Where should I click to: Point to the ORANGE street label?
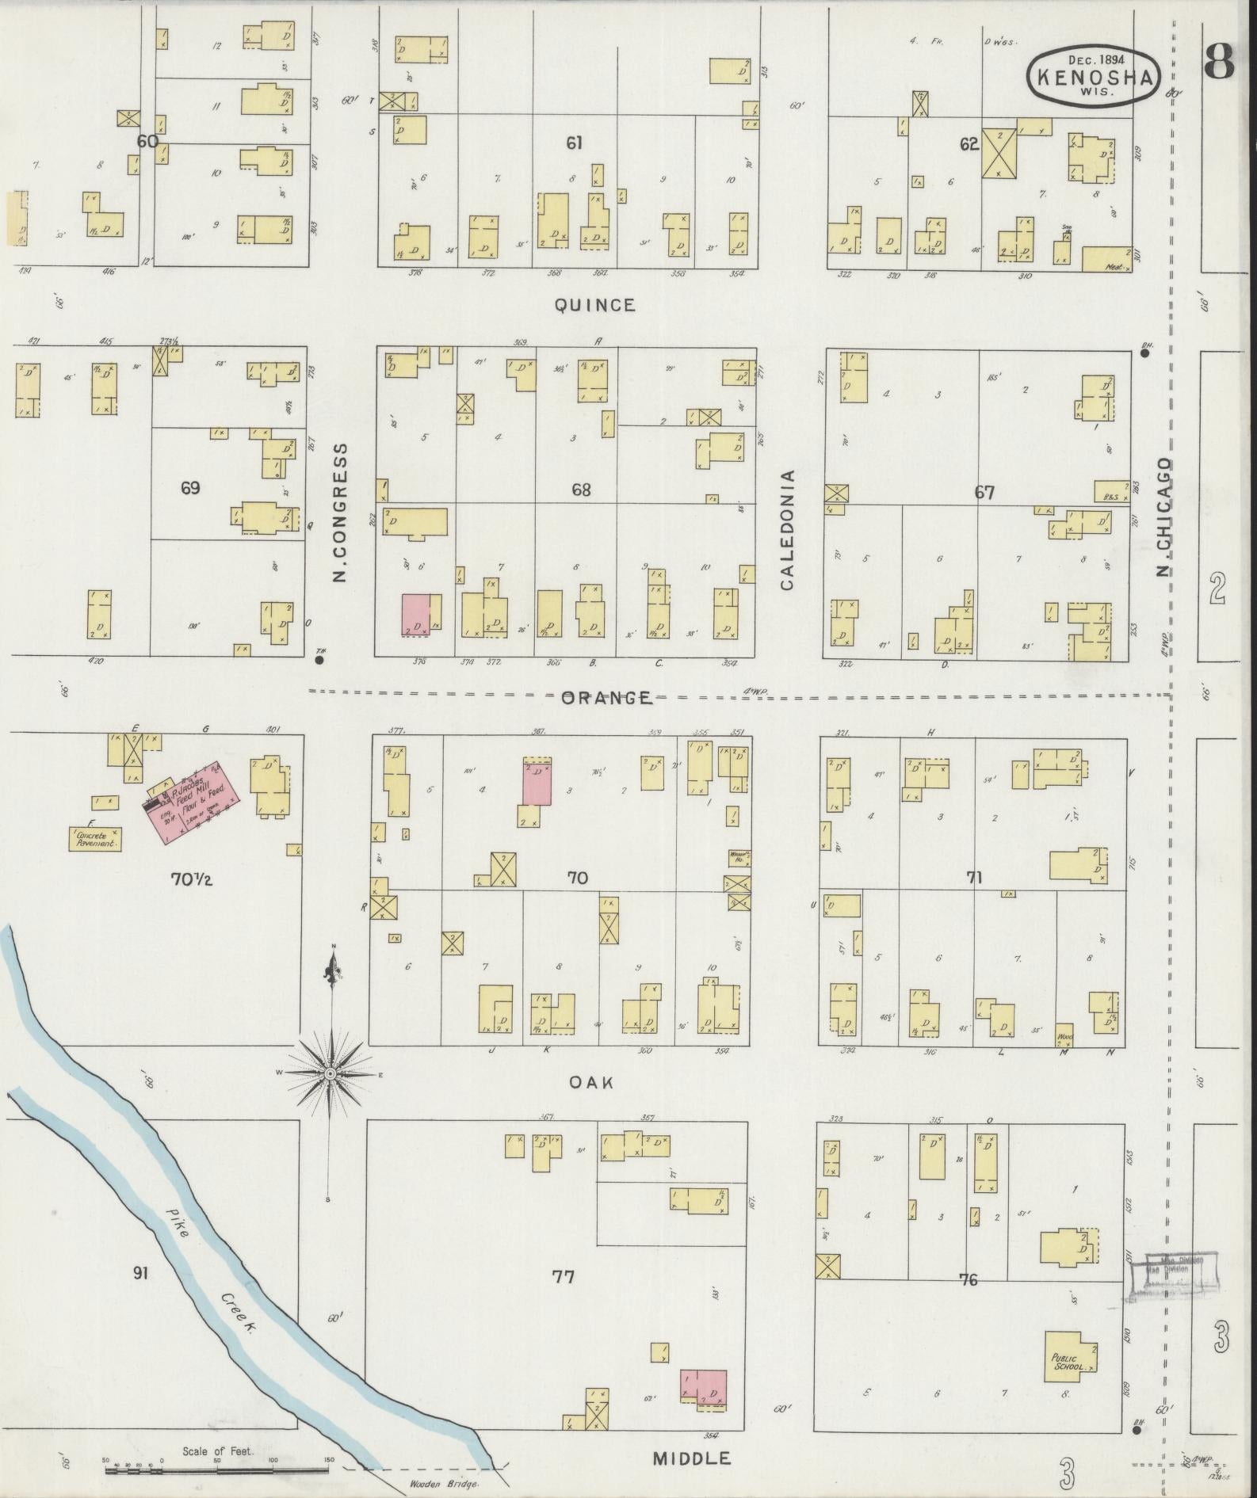coord(606,698)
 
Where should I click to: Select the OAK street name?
coord(592,1082)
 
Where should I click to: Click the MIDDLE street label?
coord(691,1458)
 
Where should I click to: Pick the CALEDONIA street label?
coord(787,530)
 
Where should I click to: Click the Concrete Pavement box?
coord(95,839)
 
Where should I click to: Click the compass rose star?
coord(330,1073)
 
